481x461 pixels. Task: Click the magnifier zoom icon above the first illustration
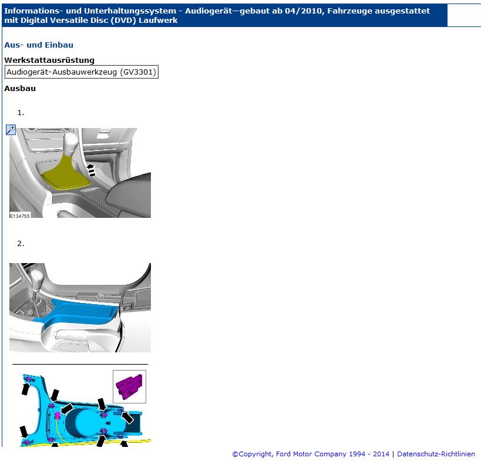(x=11, y=130)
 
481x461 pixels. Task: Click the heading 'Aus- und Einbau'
(x=39, y=45)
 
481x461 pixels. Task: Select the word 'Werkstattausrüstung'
(x=49, y=60)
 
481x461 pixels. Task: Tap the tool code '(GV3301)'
(x=138, y=72)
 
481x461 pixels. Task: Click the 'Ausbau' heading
(x=20, y=88)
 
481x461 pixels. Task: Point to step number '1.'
(x=21, y=113)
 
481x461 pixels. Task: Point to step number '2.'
(x=21, y=244)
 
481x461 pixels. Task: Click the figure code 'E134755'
(x=19, y=216)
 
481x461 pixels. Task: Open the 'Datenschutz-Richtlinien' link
(x=436, y=454)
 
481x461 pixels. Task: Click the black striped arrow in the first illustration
(x=91, y=170)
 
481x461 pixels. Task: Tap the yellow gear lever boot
(x=65, y=173)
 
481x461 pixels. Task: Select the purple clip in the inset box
(x=129, y=386)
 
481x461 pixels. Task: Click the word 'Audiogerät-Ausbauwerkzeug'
(x=62, y=72)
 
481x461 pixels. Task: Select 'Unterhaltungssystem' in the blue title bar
(x=130, y=11)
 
